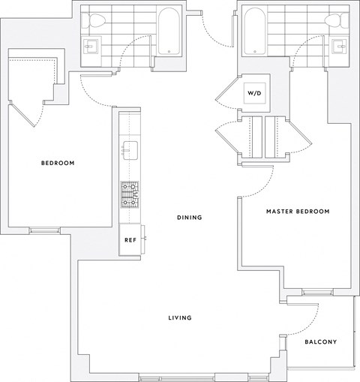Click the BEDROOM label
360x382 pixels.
click(x=58, y=163)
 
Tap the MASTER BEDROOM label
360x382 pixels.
click(x=298, y=212)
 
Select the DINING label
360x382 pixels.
click(x=190, y=218)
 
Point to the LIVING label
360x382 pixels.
click(x=180, y=317)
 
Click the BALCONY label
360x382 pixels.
click(x=320, y=342)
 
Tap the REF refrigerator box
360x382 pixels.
click(x=130, y=240)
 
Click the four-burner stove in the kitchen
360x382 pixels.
click(x=130, y=194)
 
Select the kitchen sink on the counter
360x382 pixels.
click(x=130, y=149)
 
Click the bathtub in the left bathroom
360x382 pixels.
click(x=169, y=30)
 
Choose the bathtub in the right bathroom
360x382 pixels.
click(x=256, y=30)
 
